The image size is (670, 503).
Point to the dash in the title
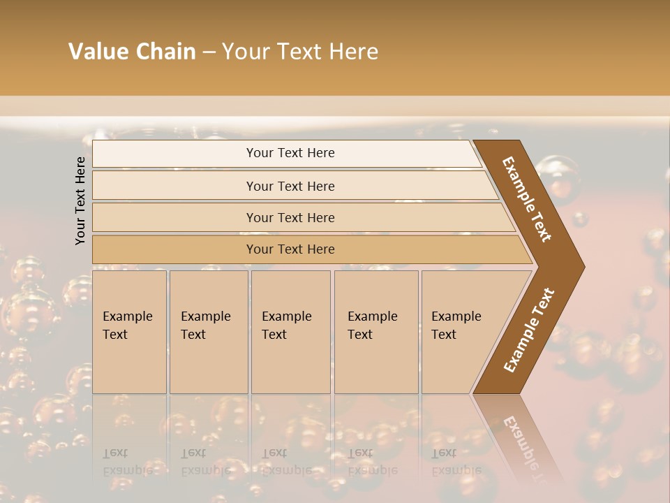click(209, 52)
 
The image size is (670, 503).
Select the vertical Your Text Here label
click(80, 201)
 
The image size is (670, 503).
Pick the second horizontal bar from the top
click(290, 186)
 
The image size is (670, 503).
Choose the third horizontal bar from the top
click(290, 217)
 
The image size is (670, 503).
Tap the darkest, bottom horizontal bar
click(290, 249)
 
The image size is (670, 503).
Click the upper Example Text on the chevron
click(527, 199)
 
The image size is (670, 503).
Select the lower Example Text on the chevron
click(528, 330)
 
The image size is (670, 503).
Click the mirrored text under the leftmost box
click(127, 462)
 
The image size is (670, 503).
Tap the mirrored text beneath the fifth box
click(456, 462)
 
